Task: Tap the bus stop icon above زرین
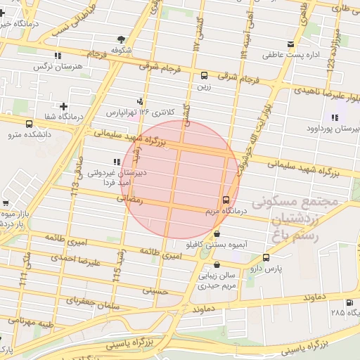tap(204, 75)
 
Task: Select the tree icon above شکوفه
tap(122, 39)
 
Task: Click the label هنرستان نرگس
tap(53, 66)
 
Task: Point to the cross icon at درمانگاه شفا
tap(63, 105)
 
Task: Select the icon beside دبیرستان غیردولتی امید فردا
tap(117, 162)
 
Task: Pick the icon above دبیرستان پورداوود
tap(335, 117)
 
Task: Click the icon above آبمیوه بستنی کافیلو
tap(216, 234)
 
